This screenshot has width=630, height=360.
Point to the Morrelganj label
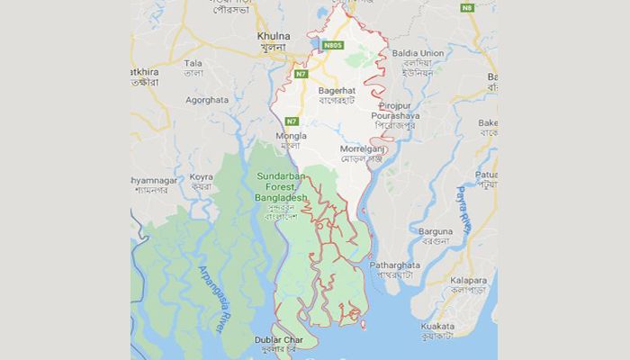click(363, 148)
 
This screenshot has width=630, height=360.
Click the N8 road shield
click(467, 8)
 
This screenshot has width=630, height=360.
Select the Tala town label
click(193, 63)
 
